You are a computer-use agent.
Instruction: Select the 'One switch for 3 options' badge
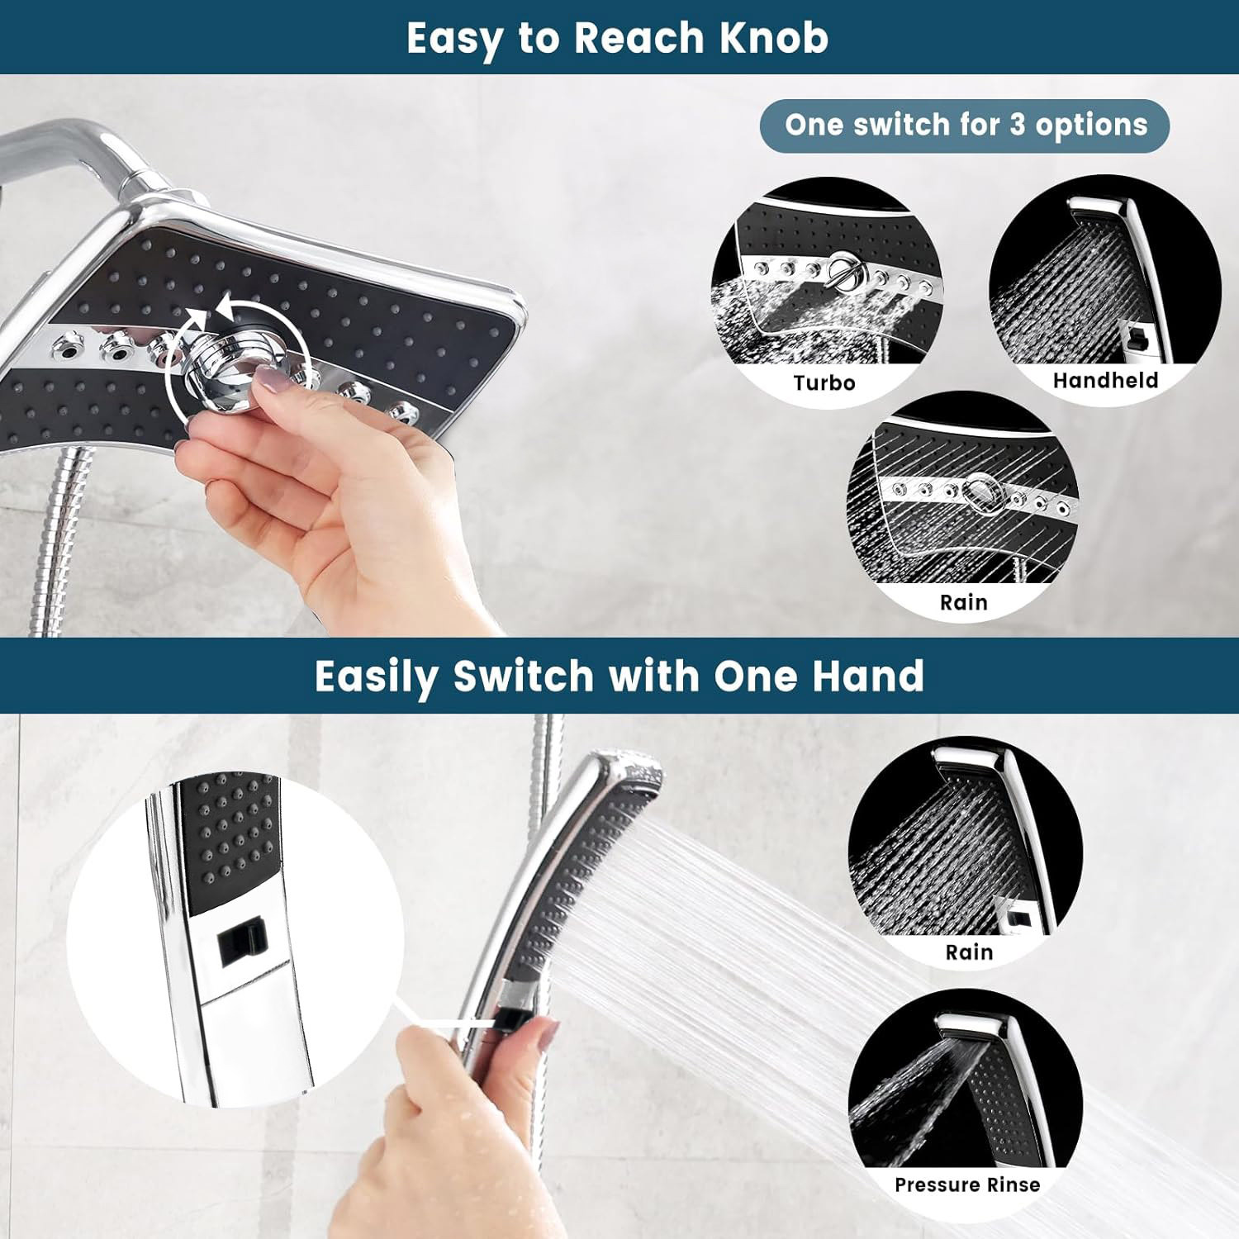(x=965, y=126)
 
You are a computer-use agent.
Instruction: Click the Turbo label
(x=824, y=382)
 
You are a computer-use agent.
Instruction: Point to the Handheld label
(x=1105, y=380)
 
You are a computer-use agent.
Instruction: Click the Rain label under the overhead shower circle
(x=963, y=602)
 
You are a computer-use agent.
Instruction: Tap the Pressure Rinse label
(x=967, y=1184)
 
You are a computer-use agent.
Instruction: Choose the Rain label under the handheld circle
(x=969, y=952)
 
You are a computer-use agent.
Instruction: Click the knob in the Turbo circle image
(x=843, y=271)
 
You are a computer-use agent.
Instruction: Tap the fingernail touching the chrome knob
(x=271, y=380)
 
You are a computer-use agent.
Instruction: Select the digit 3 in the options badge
(x=1017, y=125)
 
